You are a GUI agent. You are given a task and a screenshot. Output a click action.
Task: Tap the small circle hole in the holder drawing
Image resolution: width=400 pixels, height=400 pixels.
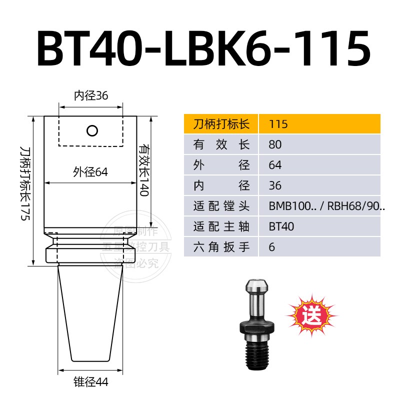point(91,131)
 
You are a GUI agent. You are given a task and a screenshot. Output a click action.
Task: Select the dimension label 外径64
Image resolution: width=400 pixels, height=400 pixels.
point(90,172)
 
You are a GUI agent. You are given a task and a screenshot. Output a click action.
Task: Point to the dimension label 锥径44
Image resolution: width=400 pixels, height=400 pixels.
point(90,383)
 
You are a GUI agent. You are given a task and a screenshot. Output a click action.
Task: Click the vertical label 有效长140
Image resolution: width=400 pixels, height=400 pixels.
point(144,170)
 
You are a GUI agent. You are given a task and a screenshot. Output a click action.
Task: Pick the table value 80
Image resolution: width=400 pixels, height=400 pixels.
point(275,144)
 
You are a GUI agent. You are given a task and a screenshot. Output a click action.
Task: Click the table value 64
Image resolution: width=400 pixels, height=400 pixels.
point(275,165)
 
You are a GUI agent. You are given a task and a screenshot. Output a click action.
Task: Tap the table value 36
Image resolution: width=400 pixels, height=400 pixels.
point(275,185)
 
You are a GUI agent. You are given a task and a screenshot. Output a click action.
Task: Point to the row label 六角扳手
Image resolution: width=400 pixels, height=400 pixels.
point(221,247)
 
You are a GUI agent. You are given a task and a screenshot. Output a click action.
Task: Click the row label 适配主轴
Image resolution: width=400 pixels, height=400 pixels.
point(221,226)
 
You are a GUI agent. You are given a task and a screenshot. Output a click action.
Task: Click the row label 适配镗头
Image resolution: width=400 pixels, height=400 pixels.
point(221,206)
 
